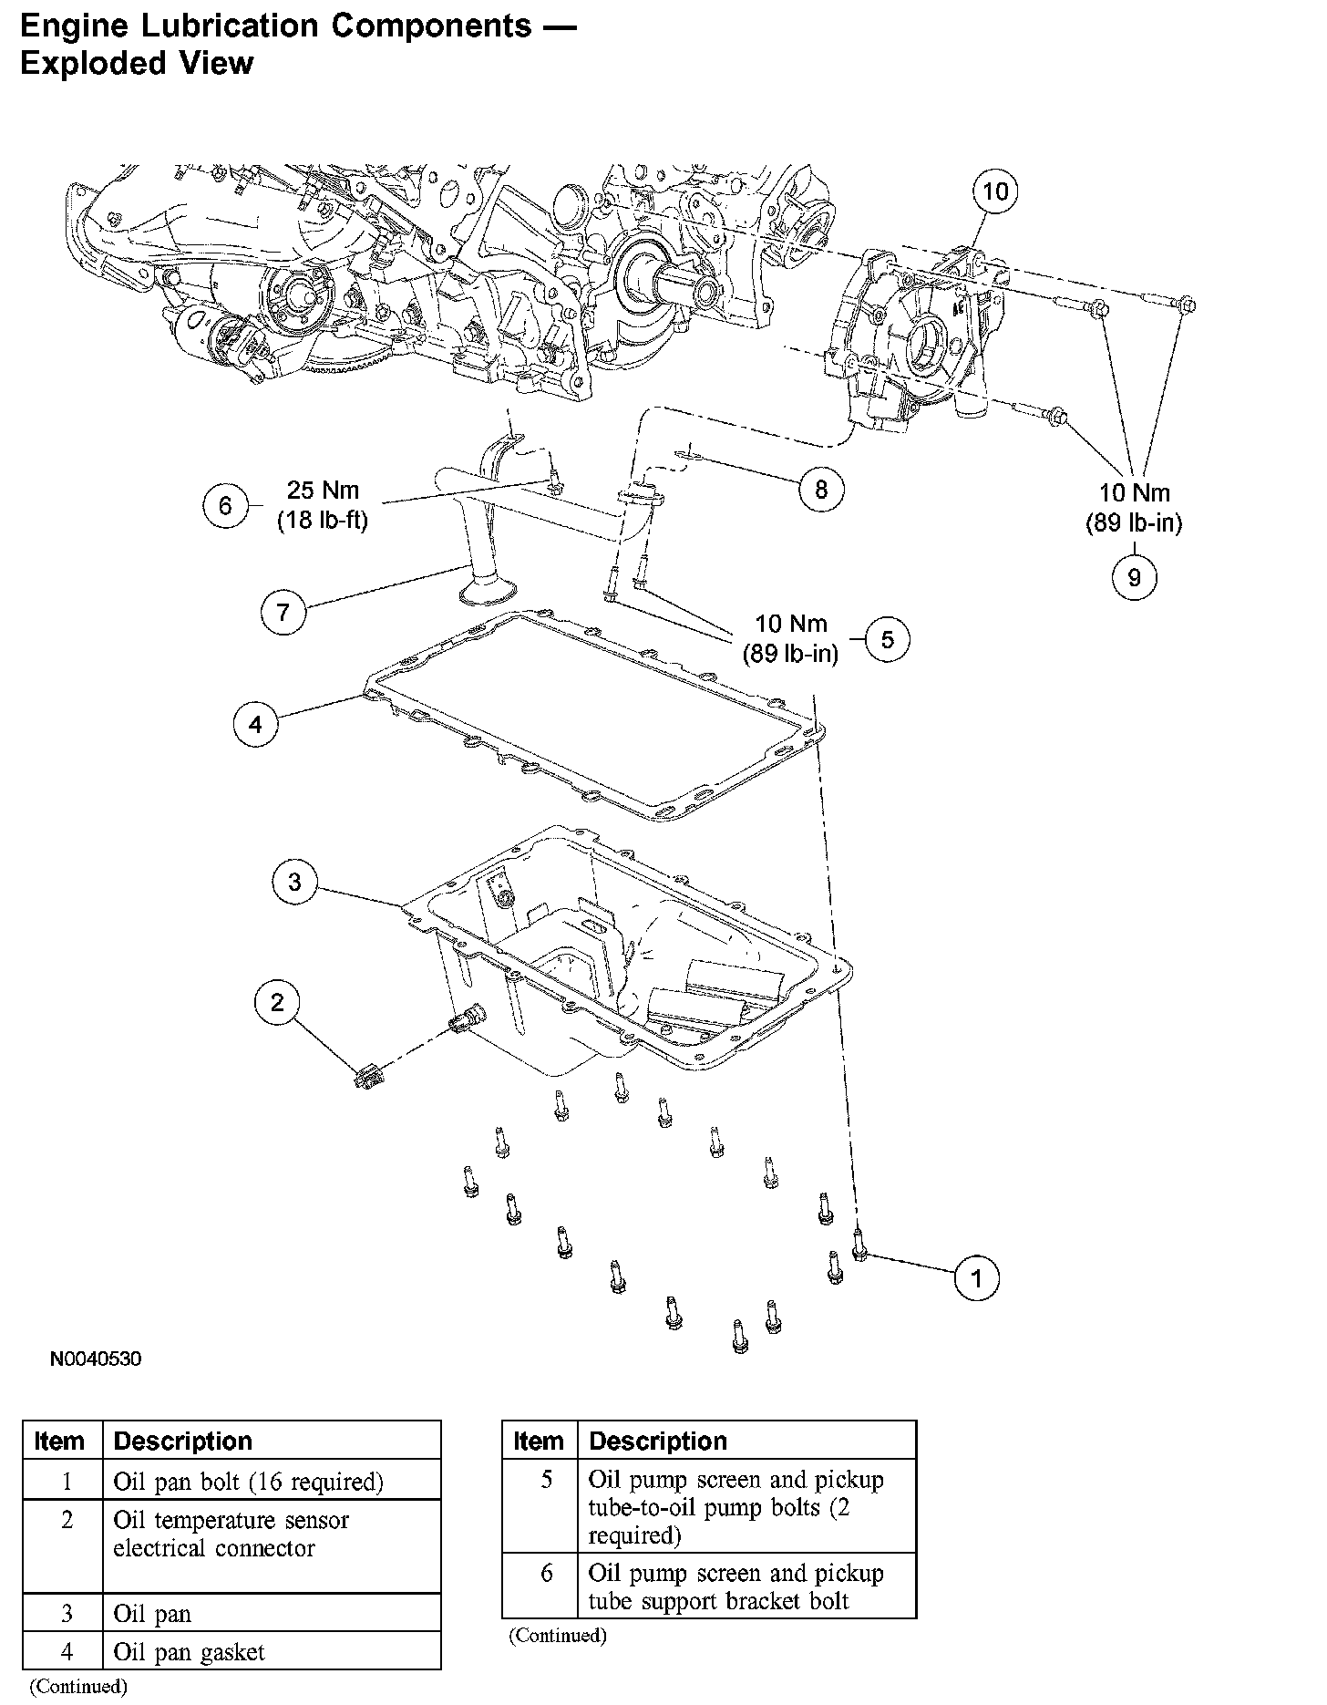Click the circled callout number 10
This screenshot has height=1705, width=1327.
tap(995, 191)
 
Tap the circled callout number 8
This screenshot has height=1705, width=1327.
tap(821, 490)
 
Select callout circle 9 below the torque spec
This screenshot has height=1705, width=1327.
tap(1135, 577)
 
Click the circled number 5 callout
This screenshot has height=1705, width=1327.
tap(887, 640)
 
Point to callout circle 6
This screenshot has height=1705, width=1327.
tap(225, 505)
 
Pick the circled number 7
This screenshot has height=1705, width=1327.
tap(283, 611)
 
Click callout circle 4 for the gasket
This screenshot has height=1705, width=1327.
tap(255, 725)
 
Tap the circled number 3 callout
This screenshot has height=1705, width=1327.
tap(294, 882)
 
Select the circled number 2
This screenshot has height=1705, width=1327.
tap(277, 1003)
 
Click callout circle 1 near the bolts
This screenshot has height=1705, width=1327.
tap(976, 1278)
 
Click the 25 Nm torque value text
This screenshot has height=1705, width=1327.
tap(324, 490)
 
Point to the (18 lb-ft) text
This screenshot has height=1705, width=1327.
tap(323, 522)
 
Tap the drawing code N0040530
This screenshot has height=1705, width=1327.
tap(96, 1359)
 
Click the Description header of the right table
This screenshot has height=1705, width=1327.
tap(658, 1441)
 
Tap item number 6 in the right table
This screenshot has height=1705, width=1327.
tap(546, 1573)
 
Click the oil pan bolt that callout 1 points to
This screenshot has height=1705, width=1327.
tap(859, 1245)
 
